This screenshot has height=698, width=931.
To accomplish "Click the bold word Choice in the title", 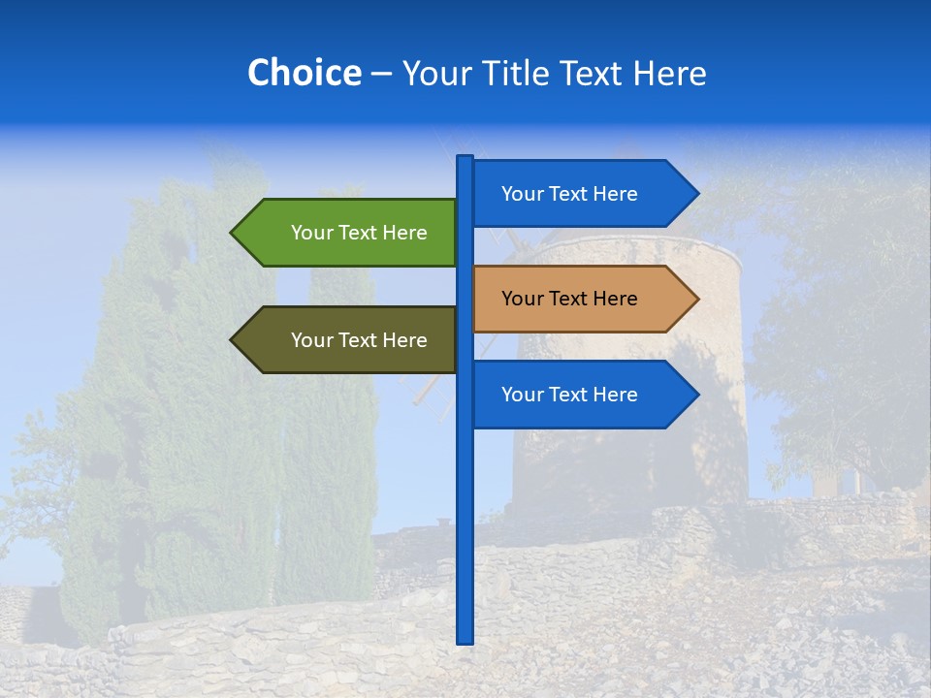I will tap(304, 73).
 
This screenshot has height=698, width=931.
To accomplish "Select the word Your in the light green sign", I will tap(311, 233).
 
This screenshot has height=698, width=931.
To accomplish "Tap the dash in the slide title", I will tap(381, 74).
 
